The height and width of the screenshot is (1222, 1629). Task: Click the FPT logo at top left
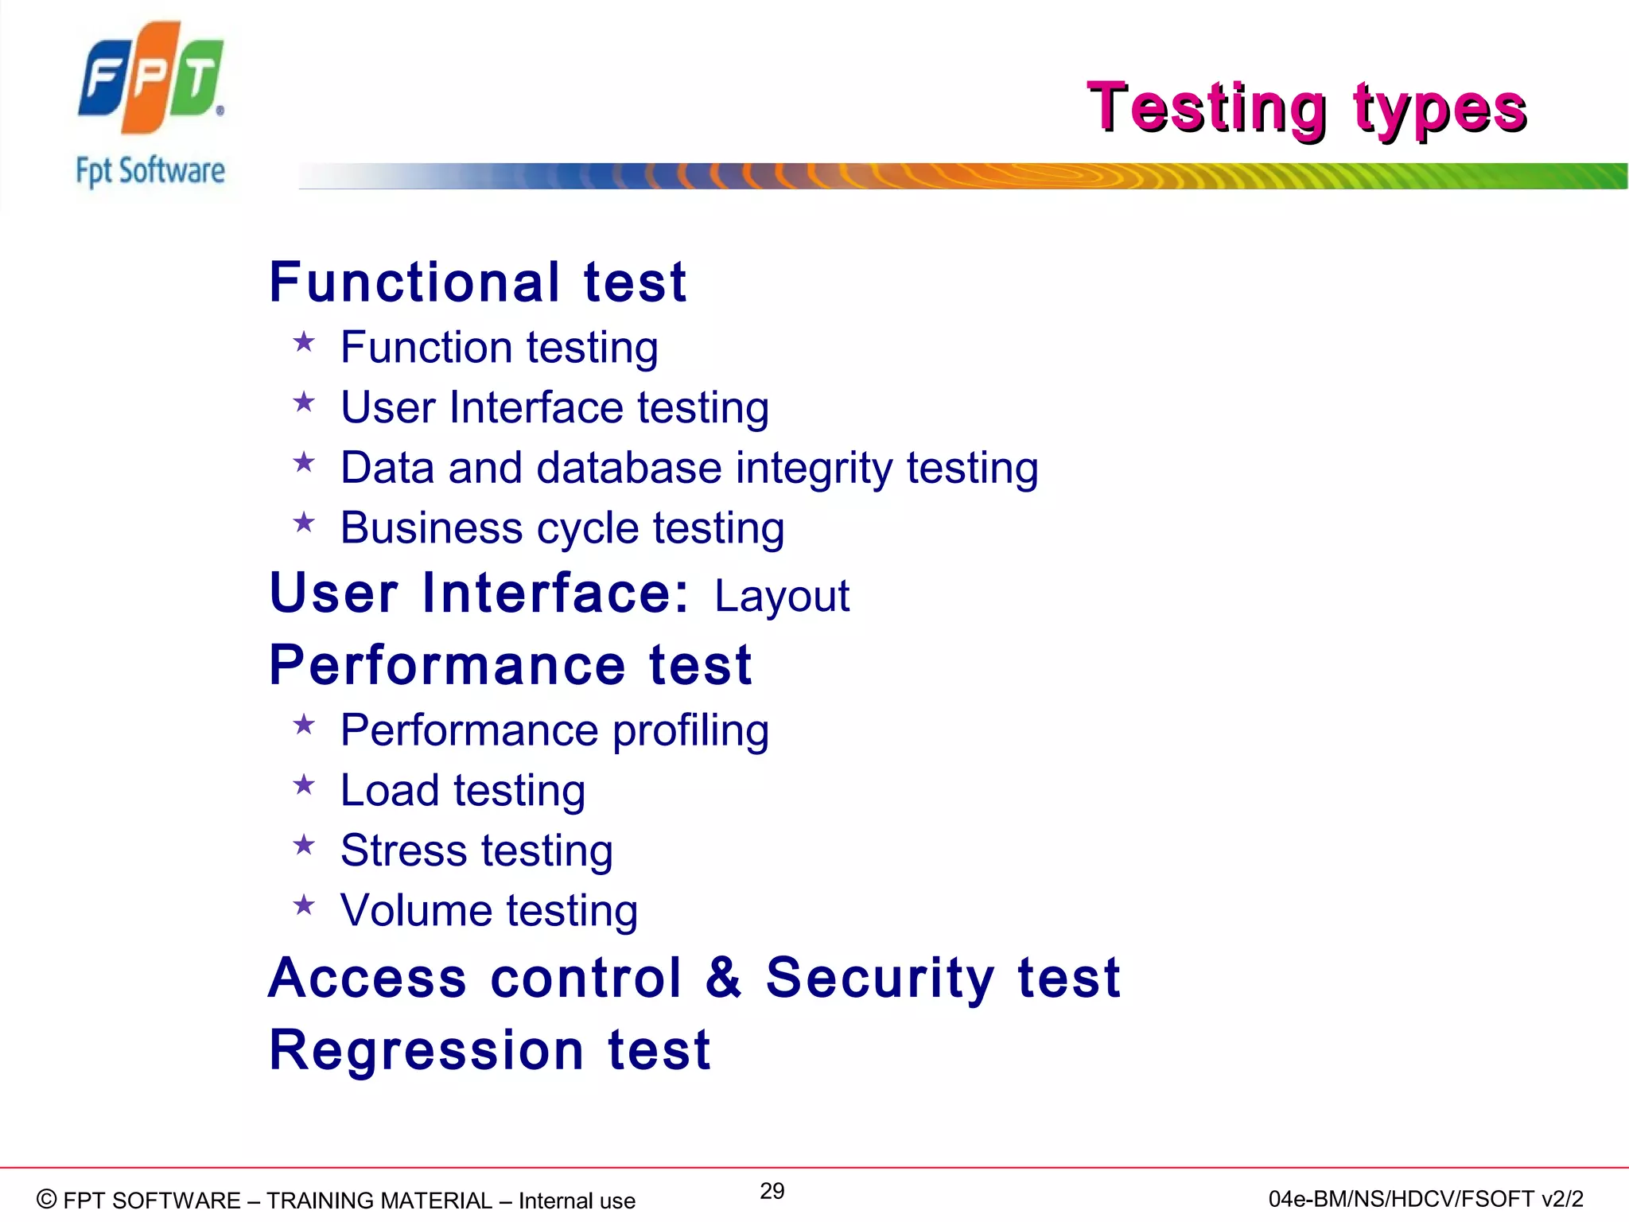click(150, 77)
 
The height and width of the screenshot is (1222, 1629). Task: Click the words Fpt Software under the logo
click(150, 171)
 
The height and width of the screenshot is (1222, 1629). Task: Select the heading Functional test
click(477, 282)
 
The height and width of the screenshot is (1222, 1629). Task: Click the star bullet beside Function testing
click(304, 343)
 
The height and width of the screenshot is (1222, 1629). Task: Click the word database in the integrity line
click(629, 468)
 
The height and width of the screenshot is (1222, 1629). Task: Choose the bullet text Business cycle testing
click(562, 528)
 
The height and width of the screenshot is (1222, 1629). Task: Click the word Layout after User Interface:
click(781, 596)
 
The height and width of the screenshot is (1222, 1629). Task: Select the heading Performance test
click(511, 665)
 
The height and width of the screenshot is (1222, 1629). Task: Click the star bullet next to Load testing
click(304, 786)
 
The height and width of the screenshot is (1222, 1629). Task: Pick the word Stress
click(404, 850)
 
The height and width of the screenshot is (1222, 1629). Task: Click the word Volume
click(415, 911)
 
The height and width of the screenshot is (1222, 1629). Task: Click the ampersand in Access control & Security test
click(724, 977)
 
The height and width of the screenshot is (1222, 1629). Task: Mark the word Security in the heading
click(880, 979)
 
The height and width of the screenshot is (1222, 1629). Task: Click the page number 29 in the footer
click(772, 1191)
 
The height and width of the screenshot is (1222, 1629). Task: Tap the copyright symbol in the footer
click(47, 1199)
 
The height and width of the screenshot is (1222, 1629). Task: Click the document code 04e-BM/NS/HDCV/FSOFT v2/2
click(1425, 1199)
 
